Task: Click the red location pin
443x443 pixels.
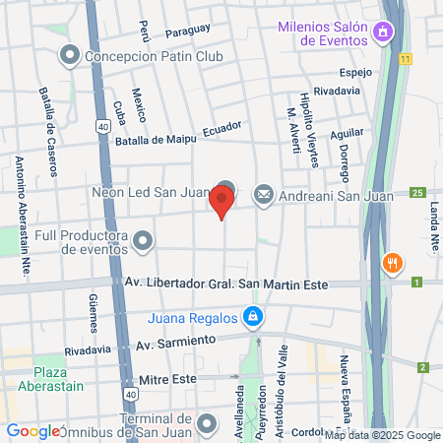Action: click(221, 202)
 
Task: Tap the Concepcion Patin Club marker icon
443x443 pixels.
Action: click(69, 55)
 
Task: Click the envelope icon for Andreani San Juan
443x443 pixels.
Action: click(263, 195)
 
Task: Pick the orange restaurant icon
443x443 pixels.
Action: click(392, 263)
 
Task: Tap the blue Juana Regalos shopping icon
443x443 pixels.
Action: click(253, 316)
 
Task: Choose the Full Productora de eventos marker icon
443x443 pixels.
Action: click(144, 239)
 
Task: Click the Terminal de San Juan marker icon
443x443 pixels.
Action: click(207, 424)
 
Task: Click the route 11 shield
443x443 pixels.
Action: click(406, 59)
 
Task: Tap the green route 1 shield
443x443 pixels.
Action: click(417, 284)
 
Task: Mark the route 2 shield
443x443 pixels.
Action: click(423, 367)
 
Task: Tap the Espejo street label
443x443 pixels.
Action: click(353, 73)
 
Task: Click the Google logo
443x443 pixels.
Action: click(33, 431)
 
